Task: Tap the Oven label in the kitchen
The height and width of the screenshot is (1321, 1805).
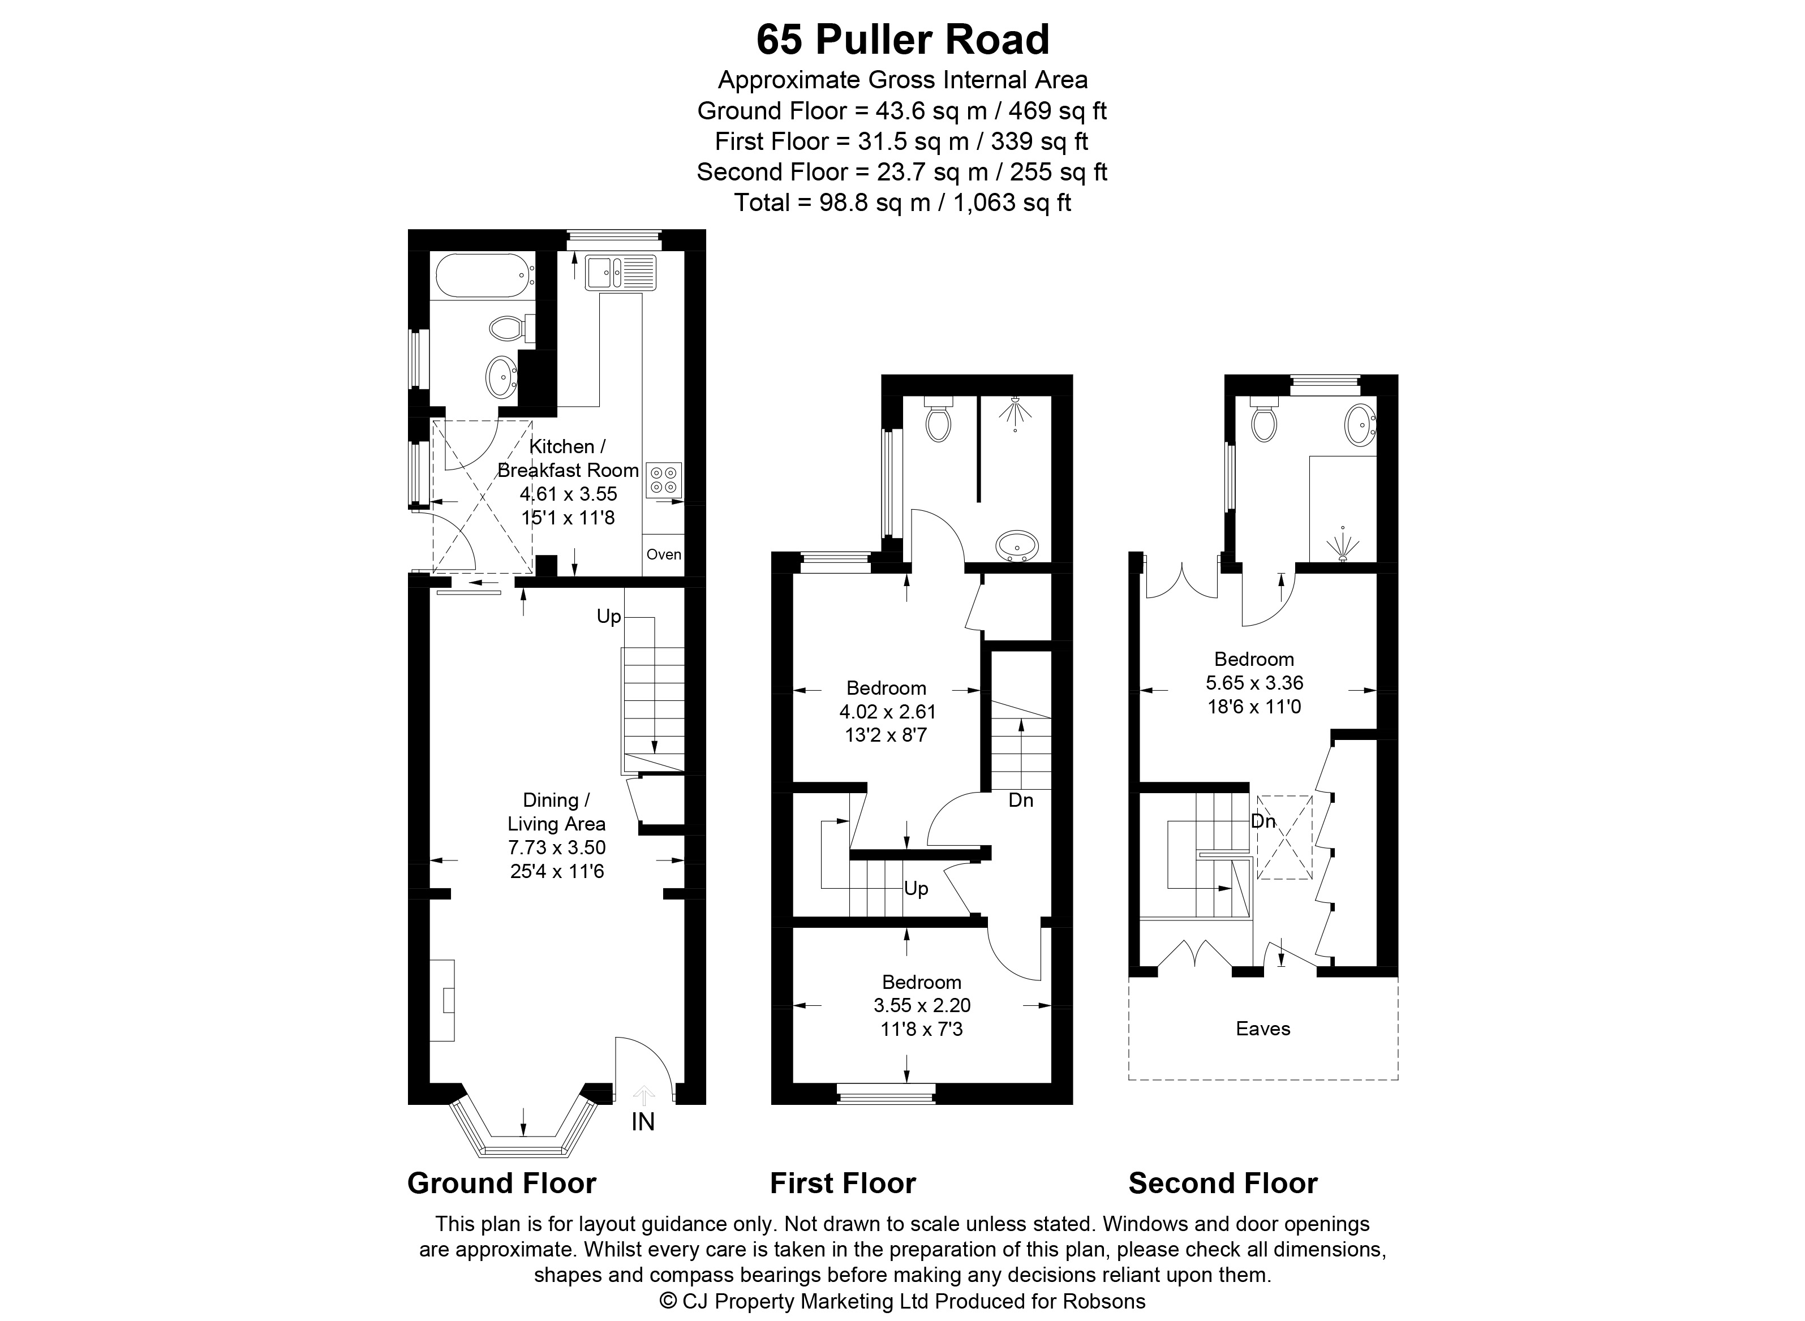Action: point(664,554)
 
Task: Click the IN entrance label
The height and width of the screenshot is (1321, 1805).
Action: point(643,1122)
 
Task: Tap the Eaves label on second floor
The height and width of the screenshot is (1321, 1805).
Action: point(1263,1029)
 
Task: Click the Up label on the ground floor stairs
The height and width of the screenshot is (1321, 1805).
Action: point(609,617)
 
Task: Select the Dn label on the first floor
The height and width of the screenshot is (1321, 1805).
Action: point(1020,799)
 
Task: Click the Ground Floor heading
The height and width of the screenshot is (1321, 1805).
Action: point(501,1184)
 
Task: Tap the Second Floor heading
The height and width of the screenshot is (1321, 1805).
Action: point(1223,1184)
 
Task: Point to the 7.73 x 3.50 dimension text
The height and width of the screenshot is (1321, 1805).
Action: point(557,847)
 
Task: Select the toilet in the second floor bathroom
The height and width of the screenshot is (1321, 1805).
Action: point(1263,419)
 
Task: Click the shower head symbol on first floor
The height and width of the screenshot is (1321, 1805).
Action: point(1015,410)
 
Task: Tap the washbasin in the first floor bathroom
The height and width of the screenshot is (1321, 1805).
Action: point(1017,546)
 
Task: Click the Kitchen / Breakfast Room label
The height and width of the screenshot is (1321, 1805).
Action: point(568,458)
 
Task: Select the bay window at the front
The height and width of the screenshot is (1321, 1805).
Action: point(524,1127)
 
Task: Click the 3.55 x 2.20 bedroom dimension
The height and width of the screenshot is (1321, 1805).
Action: point(922,1005)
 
